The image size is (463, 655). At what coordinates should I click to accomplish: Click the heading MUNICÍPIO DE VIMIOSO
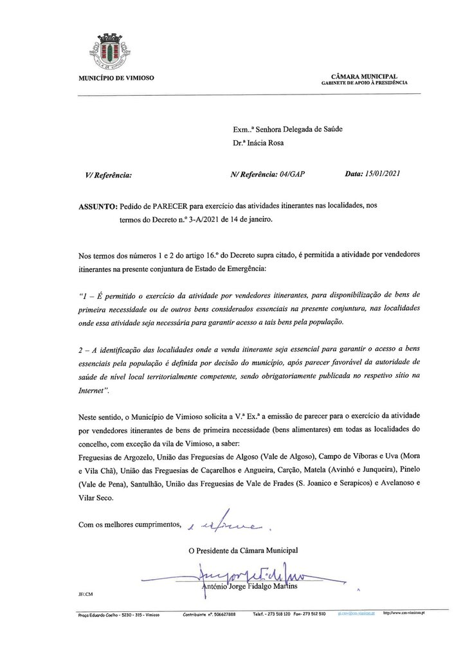[x=116, y=78]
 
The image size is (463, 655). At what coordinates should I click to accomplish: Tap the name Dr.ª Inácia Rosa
[x=259, y=143]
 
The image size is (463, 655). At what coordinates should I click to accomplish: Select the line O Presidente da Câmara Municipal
[x=243, y=550]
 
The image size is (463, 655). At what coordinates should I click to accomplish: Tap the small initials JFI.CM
[x=86, y=595]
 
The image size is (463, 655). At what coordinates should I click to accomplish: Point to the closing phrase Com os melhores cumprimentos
[x=129, y=525]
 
